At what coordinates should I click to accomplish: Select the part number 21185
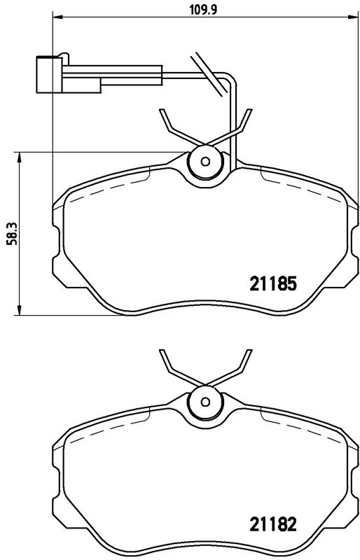coord(273,284)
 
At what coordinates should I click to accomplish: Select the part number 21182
coord(273,524)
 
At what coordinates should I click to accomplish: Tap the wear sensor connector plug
coord(50,75)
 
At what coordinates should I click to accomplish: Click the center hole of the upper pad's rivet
coord(205,162)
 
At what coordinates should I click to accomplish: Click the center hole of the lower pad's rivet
coord(205,402)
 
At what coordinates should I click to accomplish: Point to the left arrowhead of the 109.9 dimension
coord(57,16)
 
